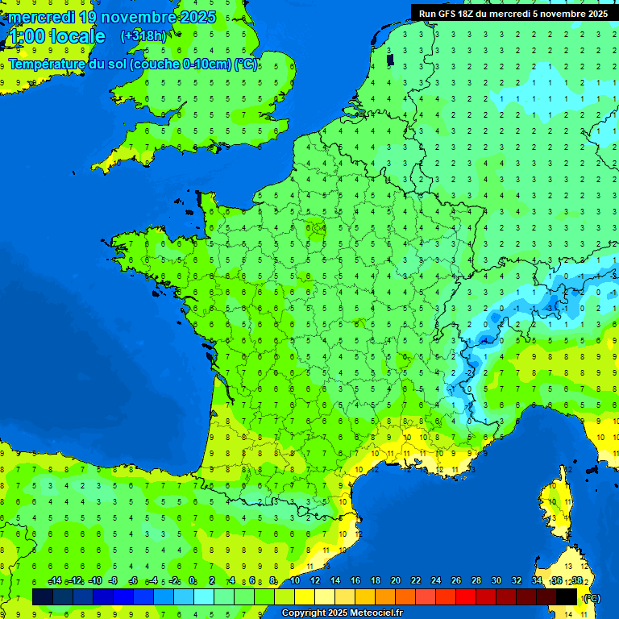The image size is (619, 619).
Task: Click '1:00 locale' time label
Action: coord(56,36)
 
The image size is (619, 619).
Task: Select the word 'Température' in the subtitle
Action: coord(48,64)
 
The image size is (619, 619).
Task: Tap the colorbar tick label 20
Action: coord(395,580)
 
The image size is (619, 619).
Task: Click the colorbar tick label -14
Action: coord(55,580)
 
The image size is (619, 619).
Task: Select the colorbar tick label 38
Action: coord(576,580)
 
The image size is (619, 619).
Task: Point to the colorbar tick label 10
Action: coord(295,580)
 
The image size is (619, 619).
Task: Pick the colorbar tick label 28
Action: coord(476,580)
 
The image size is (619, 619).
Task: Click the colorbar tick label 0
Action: coord(192,580)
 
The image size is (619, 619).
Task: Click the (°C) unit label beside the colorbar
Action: coord(592,598)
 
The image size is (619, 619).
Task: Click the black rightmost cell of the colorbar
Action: coord(567,596)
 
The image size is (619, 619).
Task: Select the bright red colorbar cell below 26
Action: coord(466,596)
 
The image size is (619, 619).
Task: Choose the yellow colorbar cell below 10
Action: coord(305,596)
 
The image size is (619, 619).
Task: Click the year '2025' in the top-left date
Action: coord(197,17)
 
